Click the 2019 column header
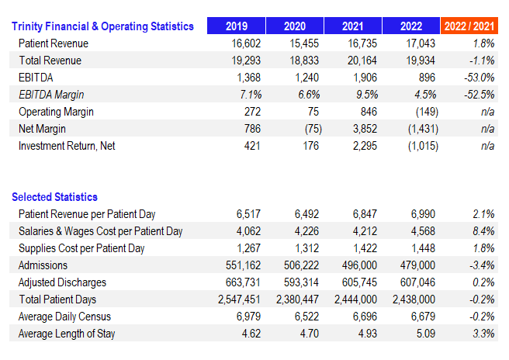point(236,26)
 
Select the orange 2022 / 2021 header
point(469,26)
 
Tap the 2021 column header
point(352,26)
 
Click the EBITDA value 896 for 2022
point(427,78)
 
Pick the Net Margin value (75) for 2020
point(313,129)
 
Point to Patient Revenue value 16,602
point(246,43)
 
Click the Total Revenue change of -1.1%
point(482,61)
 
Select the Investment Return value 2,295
point(365,146)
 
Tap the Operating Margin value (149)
point(427,112)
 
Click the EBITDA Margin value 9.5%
point(367,95)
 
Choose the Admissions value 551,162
point(243,265)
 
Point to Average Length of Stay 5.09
point(425,334)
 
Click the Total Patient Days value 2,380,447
point(297,299)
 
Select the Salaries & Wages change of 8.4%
point(483,231)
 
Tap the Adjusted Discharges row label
point(62,282)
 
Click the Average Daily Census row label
point(64,317)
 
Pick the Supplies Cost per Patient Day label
point(81,248)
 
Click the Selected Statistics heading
point(54,197)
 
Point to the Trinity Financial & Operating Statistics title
point(102,26)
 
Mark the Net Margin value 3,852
point(365,129)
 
